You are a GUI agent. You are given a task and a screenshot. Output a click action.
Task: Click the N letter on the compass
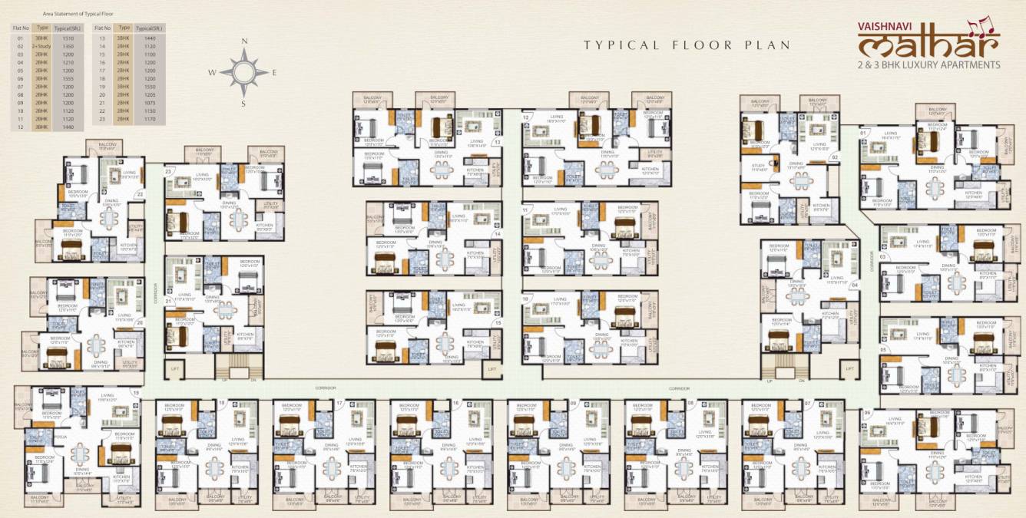pos(244,42)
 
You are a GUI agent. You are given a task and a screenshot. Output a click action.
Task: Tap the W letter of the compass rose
pos(212,73)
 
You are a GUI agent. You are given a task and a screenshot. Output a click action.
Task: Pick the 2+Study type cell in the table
pos(40,46)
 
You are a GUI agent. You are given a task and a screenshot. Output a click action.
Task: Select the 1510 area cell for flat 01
pos(67,38)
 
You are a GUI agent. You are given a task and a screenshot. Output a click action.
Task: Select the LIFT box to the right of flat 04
pos(850,370)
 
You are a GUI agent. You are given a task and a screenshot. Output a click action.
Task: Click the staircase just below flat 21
pos(235,367)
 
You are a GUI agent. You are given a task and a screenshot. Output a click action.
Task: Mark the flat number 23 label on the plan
pos(167,172)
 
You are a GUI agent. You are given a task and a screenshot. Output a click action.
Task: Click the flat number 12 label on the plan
pos(527,117)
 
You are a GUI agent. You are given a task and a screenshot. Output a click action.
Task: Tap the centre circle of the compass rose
pos(244,73)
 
